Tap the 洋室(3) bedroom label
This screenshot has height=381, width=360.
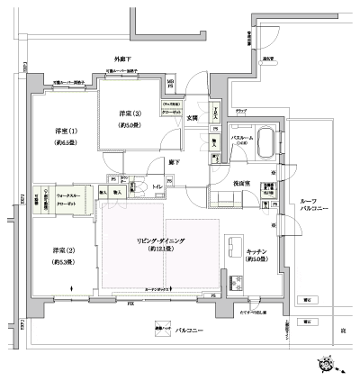pyautogui.click(x=130, y=113)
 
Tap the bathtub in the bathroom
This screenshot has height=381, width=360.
pyautogui.click(x=265, y=142)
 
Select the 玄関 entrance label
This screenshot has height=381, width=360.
pyautogui.click(x=192, y=118)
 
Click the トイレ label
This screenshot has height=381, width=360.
pyautogui.click(x=157, y=186)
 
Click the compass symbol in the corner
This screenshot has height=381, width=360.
pyautogui.click(x=327, y=362)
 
